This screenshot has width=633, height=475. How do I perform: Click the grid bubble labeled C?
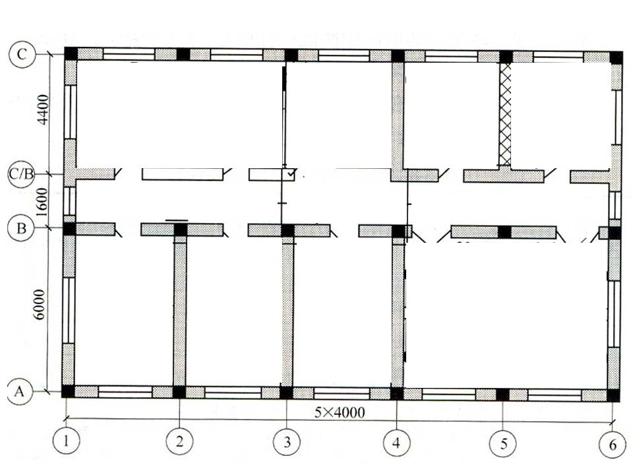22,55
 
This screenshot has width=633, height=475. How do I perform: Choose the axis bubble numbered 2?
179,441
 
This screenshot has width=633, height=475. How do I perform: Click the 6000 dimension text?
41,304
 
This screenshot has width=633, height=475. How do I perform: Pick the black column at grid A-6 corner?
613,395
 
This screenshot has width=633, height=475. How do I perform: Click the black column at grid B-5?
504,232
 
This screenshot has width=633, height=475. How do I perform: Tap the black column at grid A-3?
287,393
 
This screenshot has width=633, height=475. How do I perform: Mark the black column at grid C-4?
398,55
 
